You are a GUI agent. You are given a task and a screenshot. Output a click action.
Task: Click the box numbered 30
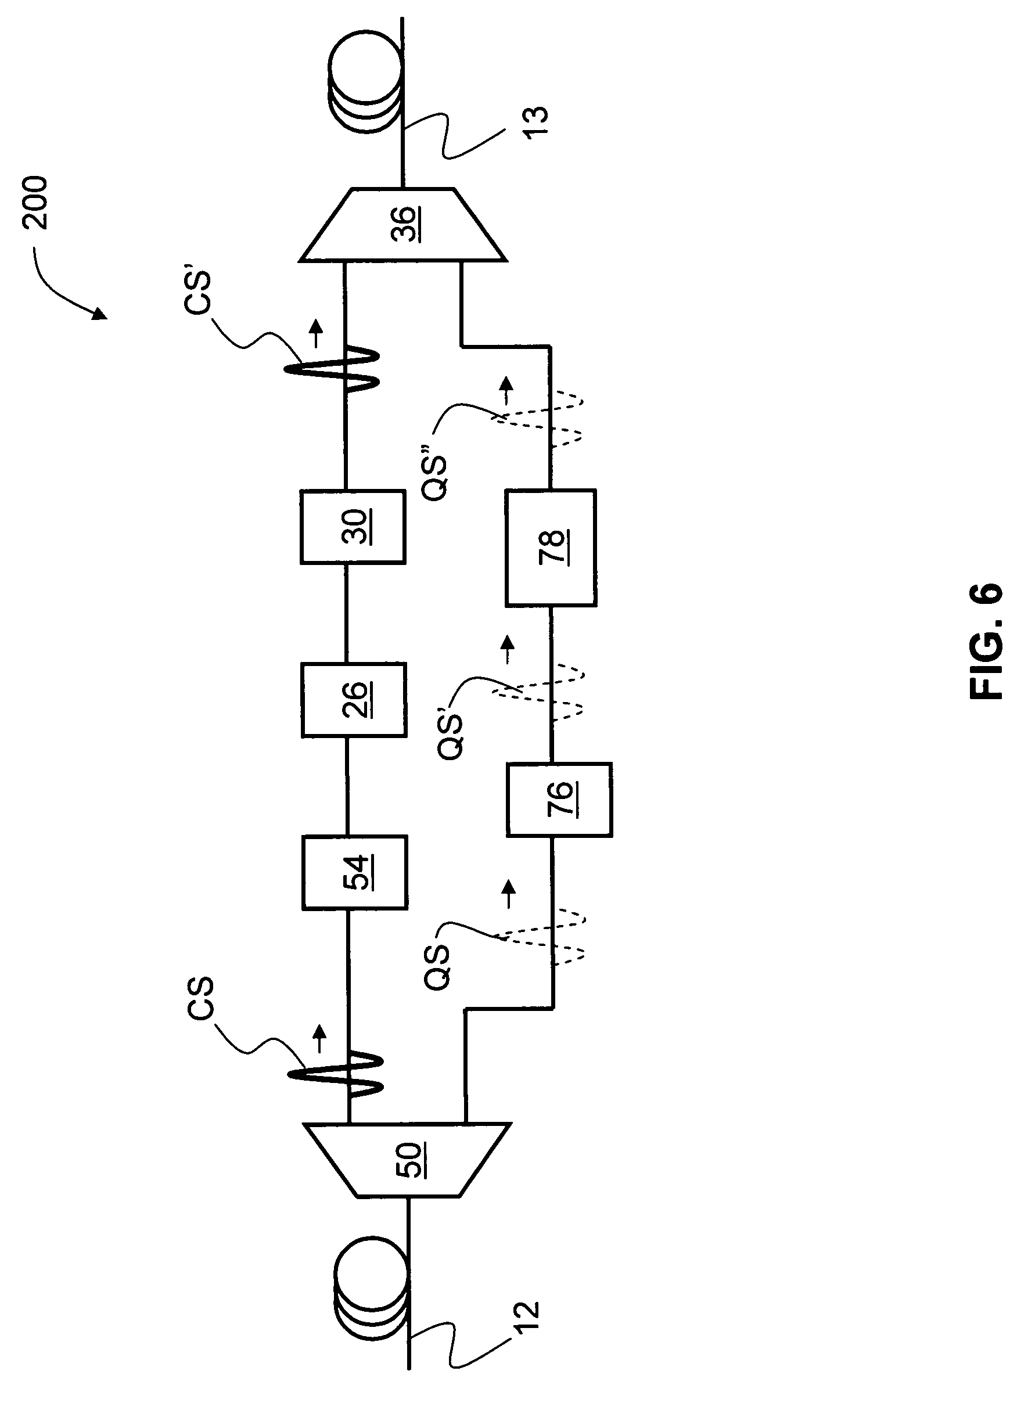tap(354, 527)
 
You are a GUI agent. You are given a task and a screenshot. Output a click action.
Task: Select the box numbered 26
tap(354, 700)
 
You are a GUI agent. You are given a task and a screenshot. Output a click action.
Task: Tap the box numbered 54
tap(355, 873)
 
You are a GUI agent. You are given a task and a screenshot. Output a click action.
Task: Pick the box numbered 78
tap(551, 548)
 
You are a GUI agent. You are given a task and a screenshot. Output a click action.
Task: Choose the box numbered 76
tap(559, 800)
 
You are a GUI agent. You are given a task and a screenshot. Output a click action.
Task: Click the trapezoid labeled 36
tap(402, 225)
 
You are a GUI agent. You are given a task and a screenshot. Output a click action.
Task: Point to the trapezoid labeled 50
tap(407, 1160)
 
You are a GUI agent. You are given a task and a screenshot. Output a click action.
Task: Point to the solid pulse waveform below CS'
tap(332, 369)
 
